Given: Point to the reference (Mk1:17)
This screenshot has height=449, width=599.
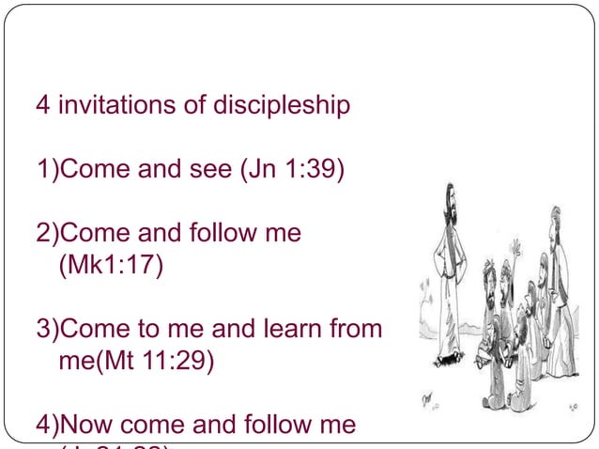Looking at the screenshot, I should click(x=111, y=267).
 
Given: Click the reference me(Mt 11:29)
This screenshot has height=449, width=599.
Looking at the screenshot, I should click(x=137, y=362).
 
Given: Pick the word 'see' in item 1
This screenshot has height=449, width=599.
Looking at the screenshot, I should click(x=207, y=171).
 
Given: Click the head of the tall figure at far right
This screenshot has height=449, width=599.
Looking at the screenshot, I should click(x=556, y=215).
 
